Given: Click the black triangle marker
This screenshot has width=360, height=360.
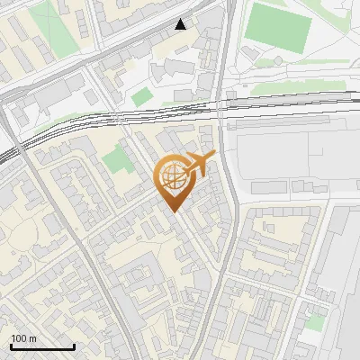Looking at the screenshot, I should pyautogui.click(x=181, y=24).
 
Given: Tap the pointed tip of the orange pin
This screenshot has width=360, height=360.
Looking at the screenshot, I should pyautogui.click(x=174, y=211).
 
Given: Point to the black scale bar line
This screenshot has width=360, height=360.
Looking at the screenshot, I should pyautogui.click(x=42, y=347).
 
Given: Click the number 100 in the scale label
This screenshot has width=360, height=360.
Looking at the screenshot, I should pyautogui.click(x=18, y=338).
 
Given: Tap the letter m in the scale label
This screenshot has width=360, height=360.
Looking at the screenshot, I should pyautogui.click(x=31, y=338).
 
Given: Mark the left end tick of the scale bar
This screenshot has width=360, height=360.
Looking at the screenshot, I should pyautogui.click(x=11, y=346).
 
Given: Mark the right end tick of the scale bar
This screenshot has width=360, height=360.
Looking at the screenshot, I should pyautogui.click(x=74, y=346).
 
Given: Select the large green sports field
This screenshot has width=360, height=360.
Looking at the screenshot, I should pyautogui.click(x=277, y=27).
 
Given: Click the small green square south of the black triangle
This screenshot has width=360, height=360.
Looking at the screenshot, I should pyautogui.click(x=142, y=96).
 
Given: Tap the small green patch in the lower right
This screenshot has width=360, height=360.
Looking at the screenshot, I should pyautogui.click(x=314, y=321).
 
